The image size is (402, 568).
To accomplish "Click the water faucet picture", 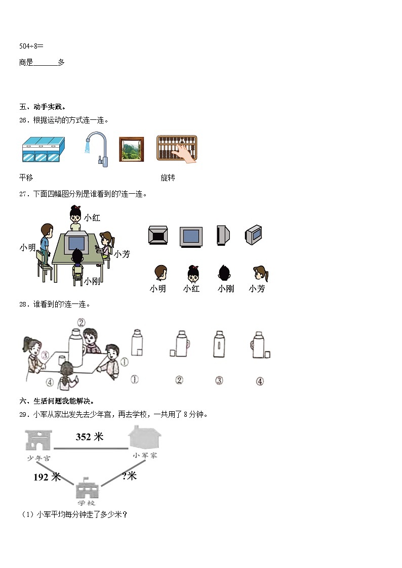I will coord(96,149).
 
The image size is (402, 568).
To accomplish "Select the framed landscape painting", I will coord(131,149).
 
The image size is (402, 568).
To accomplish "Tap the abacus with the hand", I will coord(177,149).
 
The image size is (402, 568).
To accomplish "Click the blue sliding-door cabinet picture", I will coord(43,150).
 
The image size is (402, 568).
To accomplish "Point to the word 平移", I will coord(26,178).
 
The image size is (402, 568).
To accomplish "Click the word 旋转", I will coord(168,178).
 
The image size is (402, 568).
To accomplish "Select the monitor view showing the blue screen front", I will coord(191,236).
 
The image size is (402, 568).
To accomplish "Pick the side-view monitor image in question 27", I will coord(223,235).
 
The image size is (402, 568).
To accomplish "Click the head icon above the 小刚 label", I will coord(224,274).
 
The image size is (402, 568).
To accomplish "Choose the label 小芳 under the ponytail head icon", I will coord(257,289).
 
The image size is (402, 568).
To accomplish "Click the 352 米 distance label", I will coord(90,437).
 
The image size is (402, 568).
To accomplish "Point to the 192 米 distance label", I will coord(47,476).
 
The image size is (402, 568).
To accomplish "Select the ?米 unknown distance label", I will coord(130,476).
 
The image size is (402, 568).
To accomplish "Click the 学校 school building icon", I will coord(86,490).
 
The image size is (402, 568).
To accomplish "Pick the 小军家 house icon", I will coord(145,437).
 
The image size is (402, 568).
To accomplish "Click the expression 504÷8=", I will coord(31,46).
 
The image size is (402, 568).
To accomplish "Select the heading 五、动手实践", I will coord(43,107).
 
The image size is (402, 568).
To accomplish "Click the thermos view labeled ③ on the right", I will coord(219,346).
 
